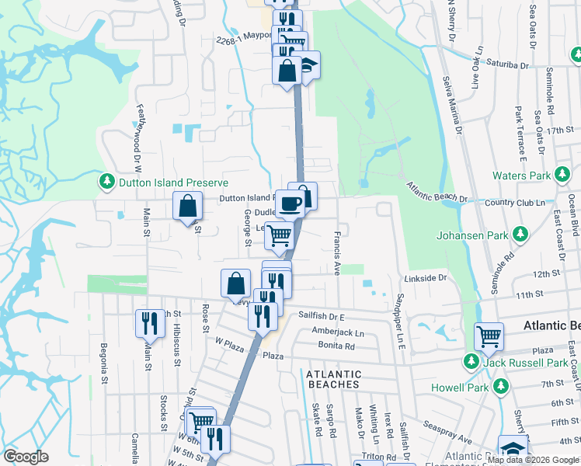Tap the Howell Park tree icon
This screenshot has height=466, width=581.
501,387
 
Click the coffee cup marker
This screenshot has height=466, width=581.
290,203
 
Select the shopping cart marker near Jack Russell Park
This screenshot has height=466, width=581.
489,336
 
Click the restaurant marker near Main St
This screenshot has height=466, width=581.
150,322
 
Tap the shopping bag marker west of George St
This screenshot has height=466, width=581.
187,207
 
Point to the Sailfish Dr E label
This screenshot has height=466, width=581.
321,317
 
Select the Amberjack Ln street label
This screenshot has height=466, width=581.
337,332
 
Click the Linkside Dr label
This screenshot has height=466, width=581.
426,277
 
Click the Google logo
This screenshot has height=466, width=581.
26,457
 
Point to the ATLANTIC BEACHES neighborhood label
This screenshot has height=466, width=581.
333,378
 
